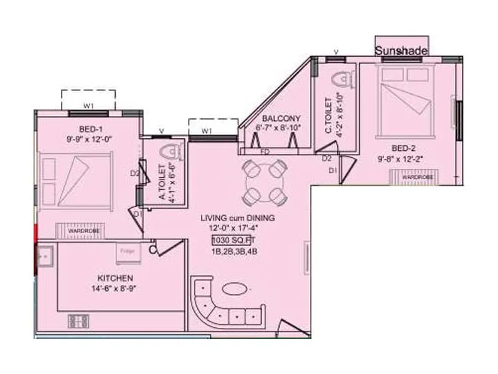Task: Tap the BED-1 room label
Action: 82,128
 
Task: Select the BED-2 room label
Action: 390,149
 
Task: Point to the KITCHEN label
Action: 116,277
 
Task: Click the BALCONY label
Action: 281,118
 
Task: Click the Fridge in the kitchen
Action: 128,252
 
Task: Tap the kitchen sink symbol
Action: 45,254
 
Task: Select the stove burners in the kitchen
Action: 79,322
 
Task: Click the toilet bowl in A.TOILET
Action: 169,151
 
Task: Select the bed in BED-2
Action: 406,100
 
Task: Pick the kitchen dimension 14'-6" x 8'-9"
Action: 116,289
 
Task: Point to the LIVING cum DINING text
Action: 237,218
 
